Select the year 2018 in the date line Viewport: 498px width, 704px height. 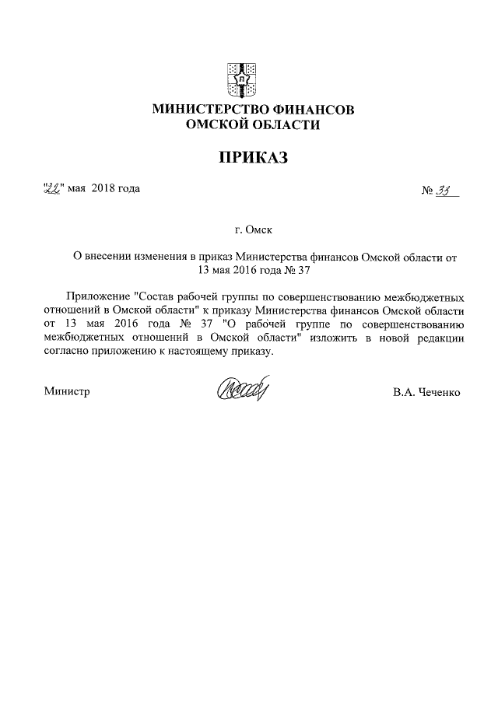(103, 188)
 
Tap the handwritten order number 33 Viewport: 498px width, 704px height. (447, 188)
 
